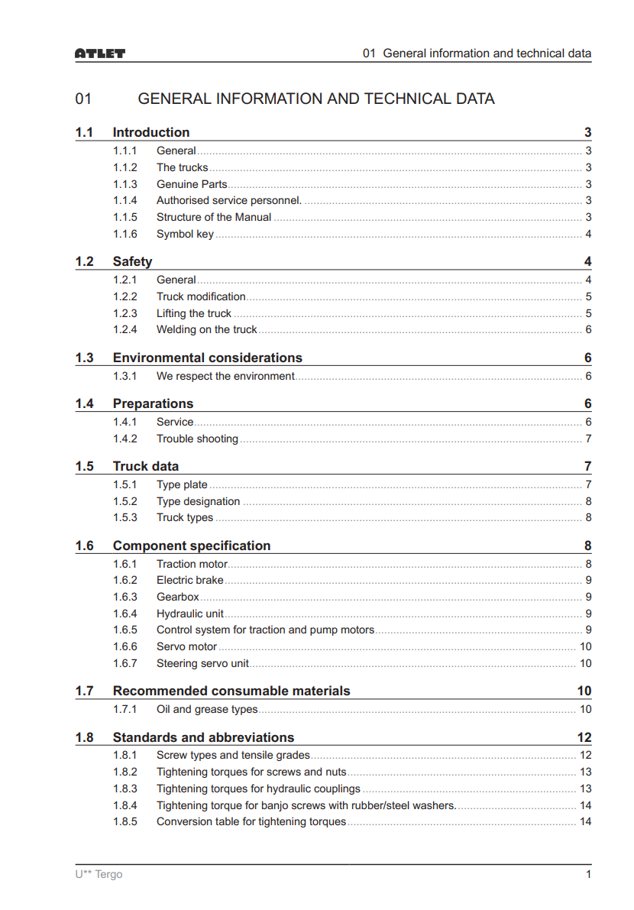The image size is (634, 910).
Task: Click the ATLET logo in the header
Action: click(100, 53)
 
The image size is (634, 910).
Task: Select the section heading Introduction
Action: click(151, 132)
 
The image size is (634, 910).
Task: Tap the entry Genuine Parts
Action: click(192, 184)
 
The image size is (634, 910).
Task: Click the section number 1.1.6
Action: click(125, 234)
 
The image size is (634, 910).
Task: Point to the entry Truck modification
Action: click(201, 296)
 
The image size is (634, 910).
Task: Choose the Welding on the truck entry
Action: click(206, 329)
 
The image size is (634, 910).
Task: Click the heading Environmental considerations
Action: click(207, 358)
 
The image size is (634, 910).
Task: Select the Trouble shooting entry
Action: click(197, 439)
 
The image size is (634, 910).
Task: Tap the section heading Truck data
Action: click(146, 466)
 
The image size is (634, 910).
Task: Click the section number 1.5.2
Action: click(125, 501)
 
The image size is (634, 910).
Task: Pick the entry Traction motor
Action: click(192, 564)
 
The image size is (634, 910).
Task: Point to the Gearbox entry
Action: click(178, 597)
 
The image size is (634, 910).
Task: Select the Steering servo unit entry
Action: click(202, 663)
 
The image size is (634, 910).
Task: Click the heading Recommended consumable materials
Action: click(231, 691)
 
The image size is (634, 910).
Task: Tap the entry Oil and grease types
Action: click(207, 709)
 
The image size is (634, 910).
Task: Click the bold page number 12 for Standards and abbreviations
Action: click(584, 737)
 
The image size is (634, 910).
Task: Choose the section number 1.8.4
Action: click(125, 805)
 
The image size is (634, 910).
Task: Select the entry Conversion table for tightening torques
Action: click(251, 821)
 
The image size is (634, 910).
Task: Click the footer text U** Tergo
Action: click(99, 874)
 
